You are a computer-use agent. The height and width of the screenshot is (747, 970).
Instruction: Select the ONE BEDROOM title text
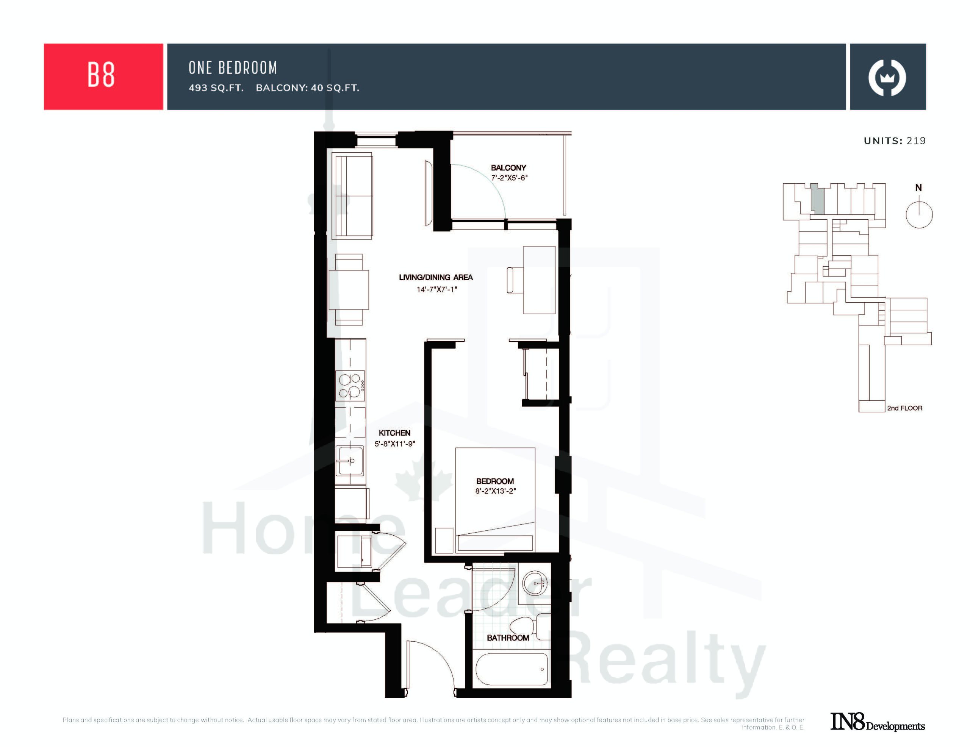click(x=233, y=68)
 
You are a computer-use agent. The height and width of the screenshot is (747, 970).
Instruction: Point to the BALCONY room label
click(x=508, y=168)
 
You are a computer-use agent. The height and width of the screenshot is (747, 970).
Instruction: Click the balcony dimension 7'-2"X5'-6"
click(x=509, y=178)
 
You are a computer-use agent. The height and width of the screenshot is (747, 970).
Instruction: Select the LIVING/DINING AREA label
click(x=436, y=278)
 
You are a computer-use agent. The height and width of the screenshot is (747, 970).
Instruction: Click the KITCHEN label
click(x=394, y=433)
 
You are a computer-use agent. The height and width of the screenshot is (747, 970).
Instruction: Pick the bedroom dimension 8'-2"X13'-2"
click(x=495, y=491)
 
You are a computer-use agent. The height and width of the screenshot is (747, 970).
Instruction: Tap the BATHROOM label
click(x=508, y=638)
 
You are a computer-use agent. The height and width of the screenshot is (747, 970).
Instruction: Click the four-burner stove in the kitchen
click(x=350, y=386)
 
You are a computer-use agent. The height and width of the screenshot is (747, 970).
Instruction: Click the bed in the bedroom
click(x=495, y=500)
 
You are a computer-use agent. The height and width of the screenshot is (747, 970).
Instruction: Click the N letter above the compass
click(x=918, y=188)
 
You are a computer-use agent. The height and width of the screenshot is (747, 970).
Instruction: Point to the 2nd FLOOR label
click(x=905, y=408)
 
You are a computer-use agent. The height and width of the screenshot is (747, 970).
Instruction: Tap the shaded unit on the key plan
click(x=817, y=199)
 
